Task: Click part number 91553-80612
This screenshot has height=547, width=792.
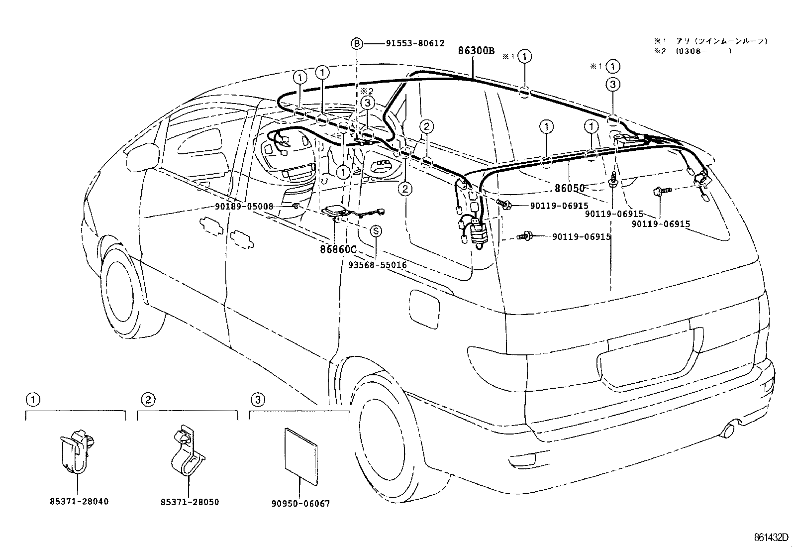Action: coord(415,44)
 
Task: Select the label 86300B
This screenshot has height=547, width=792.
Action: coord(476,51)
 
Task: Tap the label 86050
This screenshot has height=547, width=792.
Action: coord(570,189)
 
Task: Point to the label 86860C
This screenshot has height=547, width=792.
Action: coord(339,249)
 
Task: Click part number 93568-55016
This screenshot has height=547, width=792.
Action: coord(377,265)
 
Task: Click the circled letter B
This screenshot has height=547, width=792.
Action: coord(357,44)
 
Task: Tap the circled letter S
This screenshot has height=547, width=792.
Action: coord(376,231)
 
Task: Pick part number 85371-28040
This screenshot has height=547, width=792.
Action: coord(79,501)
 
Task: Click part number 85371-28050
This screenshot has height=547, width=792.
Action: coord(190,502)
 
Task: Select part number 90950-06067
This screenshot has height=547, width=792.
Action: coord(300,504)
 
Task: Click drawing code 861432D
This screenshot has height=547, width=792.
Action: coord(771,538)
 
